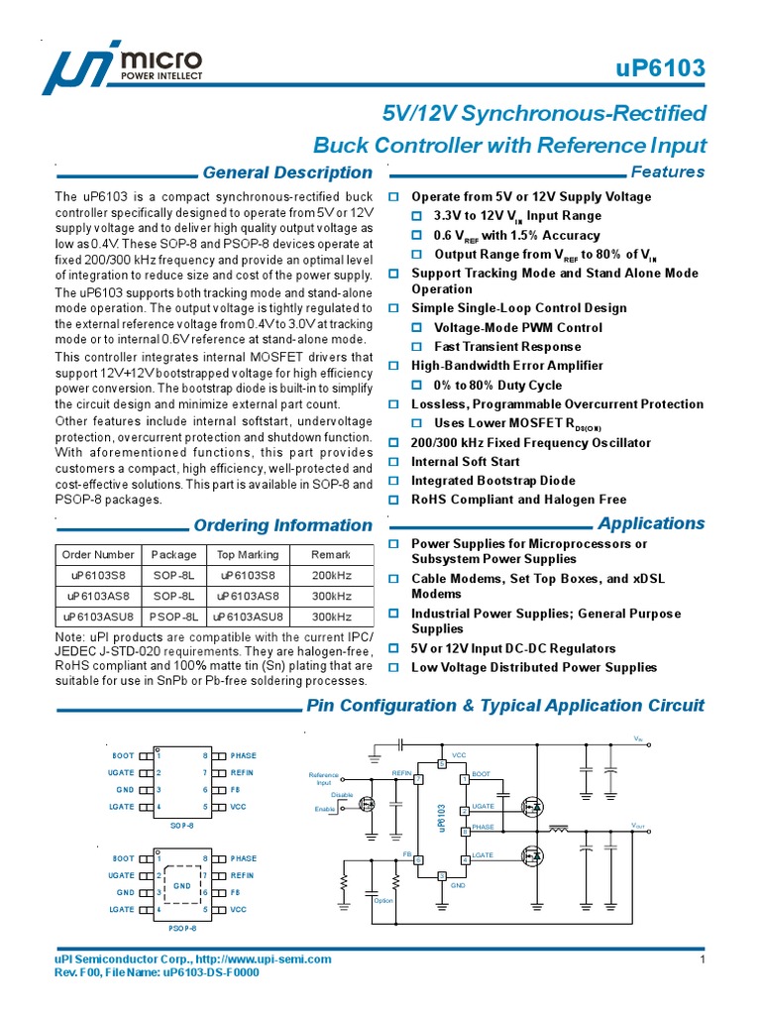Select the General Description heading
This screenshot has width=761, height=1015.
point(286,172)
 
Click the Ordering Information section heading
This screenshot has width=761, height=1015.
point(282,525)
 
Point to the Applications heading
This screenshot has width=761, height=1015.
point(651,523)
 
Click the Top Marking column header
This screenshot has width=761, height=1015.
point(248,555)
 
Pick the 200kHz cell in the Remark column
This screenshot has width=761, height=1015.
point(331,576)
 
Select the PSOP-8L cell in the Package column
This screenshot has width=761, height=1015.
point(174,617)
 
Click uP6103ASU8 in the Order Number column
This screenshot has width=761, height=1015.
point(97,617)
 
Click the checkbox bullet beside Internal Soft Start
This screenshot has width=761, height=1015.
point(393,462)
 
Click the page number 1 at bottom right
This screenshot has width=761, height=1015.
point(702,960)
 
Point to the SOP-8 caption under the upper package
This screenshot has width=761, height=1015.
point(182,825)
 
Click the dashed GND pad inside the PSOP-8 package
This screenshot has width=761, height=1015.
point(182,883)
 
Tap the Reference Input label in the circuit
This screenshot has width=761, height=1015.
point(324,779)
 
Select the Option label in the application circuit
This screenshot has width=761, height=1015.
point(383,900)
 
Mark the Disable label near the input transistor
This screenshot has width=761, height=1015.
point(342,795)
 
